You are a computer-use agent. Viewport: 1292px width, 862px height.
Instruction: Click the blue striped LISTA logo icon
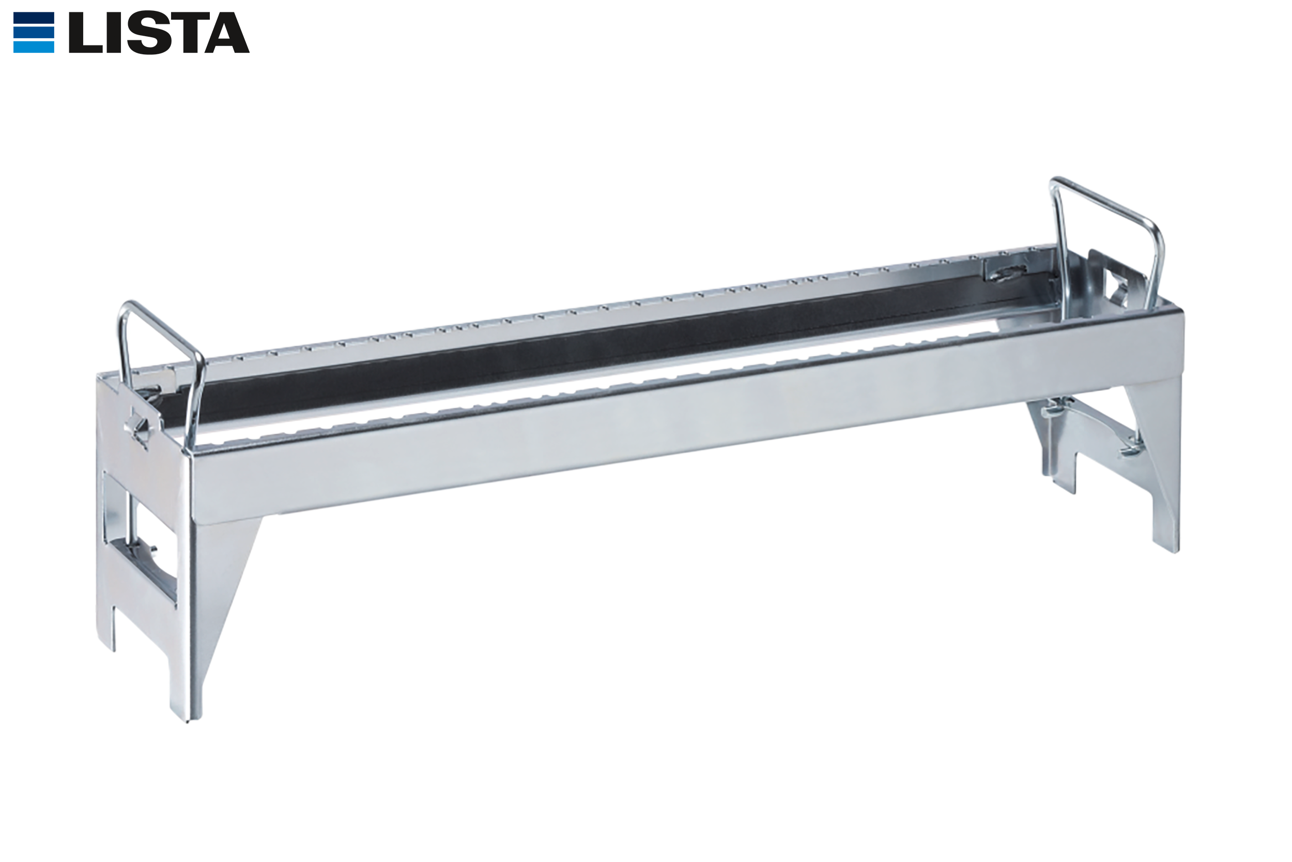(34, 33)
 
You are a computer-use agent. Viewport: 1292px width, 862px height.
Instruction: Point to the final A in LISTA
(227, 33)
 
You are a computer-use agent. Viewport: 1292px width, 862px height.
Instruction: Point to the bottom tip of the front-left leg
(187, 721)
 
